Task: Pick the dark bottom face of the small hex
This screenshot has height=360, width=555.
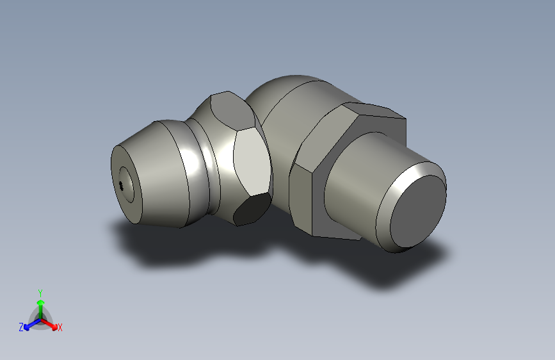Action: click(x=250, y=209)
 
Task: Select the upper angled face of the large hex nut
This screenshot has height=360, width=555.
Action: click(x=326, y=135)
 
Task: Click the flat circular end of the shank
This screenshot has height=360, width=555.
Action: click(x=416, y=211)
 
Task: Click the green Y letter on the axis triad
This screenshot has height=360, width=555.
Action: click(x=40, y=291)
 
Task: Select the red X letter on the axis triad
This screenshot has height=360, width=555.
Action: click(x=60, y=328)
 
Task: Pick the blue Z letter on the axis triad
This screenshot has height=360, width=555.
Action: click(x=21, y=327)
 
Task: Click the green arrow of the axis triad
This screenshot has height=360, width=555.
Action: click(x=40, y=304)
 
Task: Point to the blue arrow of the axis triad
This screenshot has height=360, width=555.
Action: click(x=29, y=325)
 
